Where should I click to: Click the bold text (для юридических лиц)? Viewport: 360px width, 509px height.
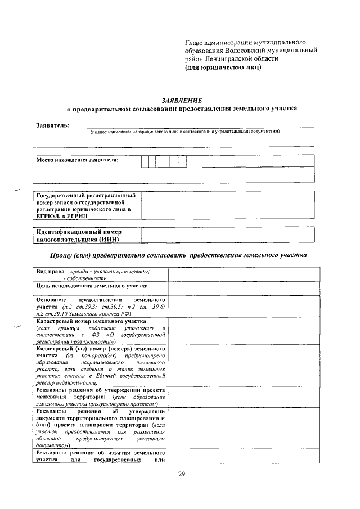click(x=223, y=67)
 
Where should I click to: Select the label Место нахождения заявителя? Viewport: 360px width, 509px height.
click(x=78, y=160)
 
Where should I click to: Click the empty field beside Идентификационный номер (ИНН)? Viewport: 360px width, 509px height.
click(x=227, y=236)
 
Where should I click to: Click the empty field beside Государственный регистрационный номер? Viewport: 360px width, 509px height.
click(x=227, y=206)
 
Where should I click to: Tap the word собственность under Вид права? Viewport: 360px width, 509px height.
click(x=86, y=278)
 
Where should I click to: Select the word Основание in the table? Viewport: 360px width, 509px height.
click(x=52, y=300)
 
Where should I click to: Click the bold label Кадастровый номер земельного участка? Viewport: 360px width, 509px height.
click(x=91, y=321)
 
